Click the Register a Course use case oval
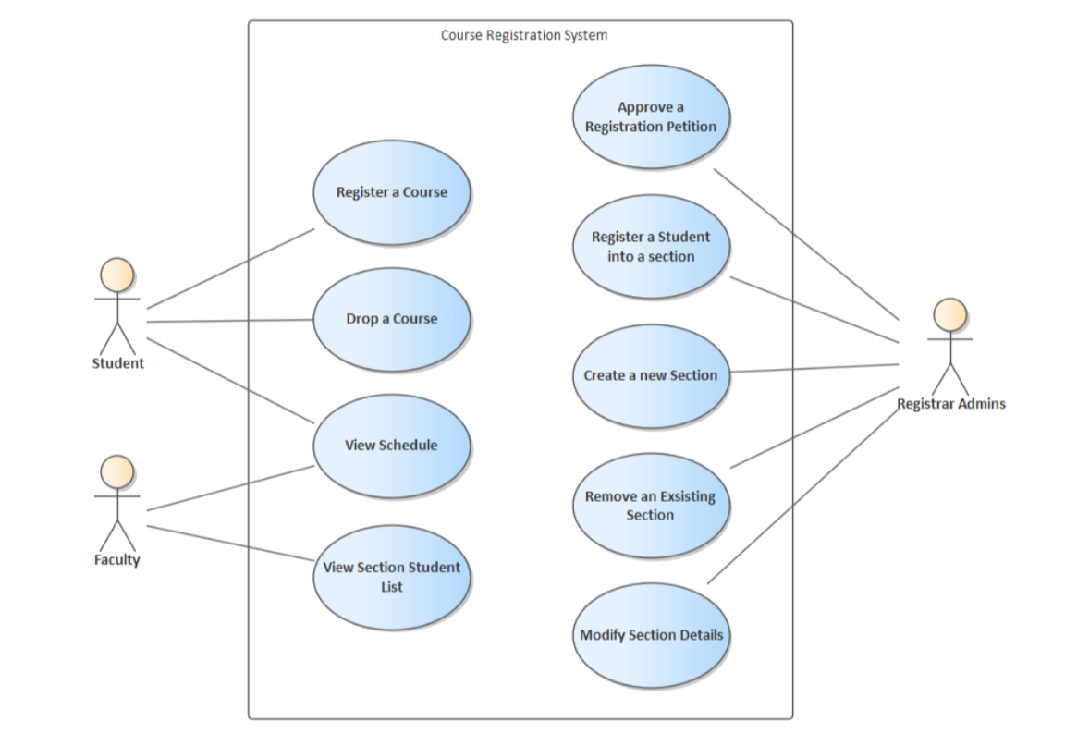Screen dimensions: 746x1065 (392, 192)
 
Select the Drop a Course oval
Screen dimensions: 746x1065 (392, 319)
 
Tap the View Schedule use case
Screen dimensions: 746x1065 (392, 445)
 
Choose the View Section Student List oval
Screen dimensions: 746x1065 (392, 577)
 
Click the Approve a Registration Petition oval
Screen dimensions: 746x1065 (651, 116)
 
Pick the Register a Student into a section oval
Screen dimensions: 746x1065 (651, 246)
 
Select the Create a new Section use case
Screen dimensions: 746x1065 (651, 375)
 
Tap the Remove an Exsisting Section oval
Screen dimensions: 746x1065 (651, 506)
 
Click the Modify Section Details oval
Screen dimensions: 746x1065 (651, 635)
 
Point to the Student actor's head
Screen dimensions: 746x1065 (117, 275)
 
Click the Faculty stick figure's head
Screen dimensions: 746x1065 (117, 471)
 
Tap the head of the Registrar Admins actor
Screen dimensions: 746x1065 (950, 314)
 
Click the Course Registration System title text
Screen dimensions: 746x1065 (523, 35)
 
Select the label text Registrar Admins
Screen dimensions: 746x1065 (950, 404)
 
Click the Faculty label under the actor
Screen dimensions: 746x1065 (117, 560)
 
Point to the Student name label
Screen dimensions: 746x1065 (117, 363)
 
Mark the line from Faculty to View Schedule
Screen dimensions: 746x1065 (230, 488)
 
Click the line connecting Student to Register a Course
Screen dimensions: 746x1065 (230, 268)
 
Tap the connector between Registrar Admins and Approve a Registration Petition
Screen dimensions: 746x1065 (806, 243)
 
